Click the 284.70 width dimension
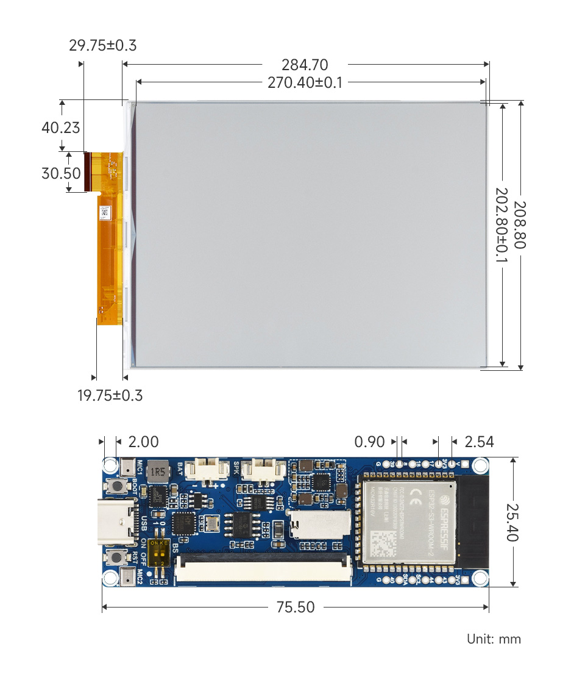pyautogui.click(x=305, y=65)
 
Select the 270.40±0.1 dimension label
pyautogui.click(x=305, y=82)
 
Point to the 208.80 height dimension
pyautogui.click(x=520, y=224)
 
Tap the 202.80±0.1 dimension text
pyautogui.click(x=501, y=224)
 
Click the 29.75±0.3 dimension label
pyautogui.click(x=102, y=46)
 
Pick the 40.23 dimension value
pyautogui.click(x=60, y=127)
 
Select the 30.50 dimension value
pyautogui.click(x=61, y=173)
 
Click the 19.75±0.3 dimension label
pyautogui.click(x=110, y=395)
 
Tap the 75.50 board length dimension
pyautogui.click(x=296, y=607)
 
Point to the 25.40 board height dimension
pyautogui.click(x=512, y=522)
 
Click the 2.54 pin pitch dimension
pyautogui.click(x=479, y=442)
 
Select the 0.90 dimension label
pyautogui.click(x=370, y=442)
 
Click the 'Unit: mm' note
pyautogui.click(x=494, y=639)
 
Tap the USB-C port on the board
pyautogui.click(x=116, y=522)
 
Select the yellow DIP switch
pyautogui.click(x=157, y=553)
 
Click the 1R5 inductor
pyautogui.click(x=159, y=471)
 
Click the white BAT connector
pyautogui.click(x=202, y=470)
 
